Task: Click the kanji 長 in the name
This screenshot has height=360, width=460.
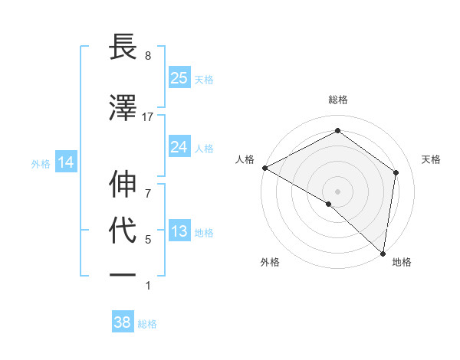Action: tap(124, 47)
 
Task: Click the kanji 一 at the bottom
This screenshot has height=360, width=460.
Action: tap(124, 274)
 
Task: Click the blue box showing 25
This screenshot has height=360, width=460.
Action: tap(179, 77)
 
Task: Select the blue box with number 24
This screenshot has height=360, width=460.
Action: tap(179, 146)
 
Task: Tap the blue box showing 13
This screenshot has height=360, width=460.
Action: tap(179, 231)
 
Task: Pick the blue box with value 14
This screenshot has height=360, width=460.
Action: tap(65, 162)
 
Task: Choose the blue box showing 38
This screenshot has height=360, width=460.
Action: tap(123, 322)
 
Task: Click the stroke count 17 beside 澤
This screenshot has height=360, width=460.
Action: tap(148, 116)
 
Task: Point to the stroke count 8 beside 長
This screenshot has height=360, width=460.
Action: tap(148, 56)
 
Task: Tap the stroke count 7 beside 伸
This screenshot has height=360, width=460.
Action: tap(148, 185)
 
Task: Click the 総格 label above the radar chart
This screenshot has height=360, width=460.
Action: tap(338, 100)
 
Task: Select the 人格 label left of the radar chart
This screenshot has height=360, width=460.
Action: tap(245, 159)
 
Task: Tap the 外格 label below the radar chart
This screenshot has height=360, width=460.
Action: tap(270, 262)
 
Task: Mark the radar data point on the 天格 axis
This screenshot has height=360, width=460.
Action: tap(396, 172)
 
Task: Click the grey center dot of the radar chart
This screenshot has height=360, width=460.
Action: tap(338, 191)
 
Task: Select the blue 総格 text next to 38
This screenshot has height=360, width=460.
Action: tap(147, 324)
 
